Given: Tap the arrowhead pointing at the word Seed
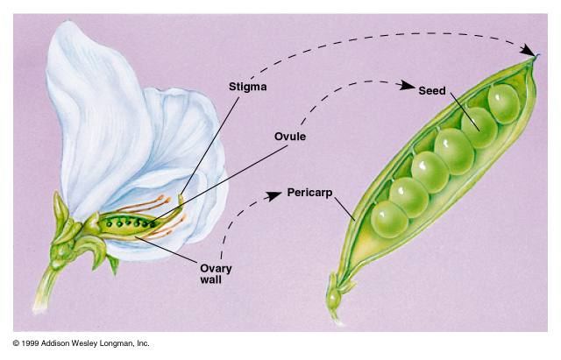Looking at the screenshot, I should click(408, 86).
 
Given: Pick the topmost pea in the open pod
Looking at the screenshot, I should click(503, 102).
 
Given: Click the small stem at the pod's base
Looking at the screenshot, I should click(333, 298).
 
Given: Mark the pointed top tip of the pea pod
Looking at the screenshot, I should click(536, 56).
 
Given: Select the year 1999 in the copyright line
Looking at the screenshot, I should click(32, 343).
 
